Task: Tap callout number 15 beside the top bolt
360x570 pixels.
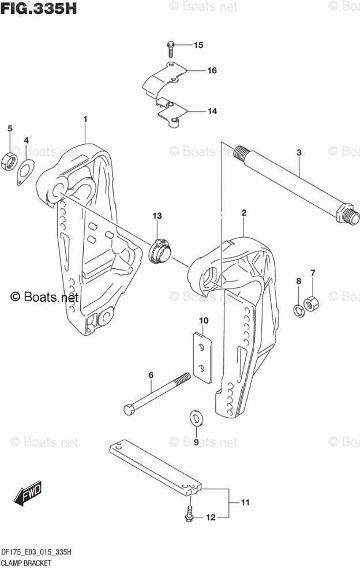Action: click(x=198, y=44)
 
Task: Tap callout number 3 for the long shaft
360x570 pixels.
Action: click(x=299, y=153)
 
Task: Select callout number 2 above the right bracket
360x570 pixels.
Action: click(x=244, y=213)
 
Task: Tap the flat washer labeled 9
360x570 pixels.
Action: click(x=195, y=417)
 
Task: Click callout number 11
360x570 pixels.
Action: click(x=245, y=503)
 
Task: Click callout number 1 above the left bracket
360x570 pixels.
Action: click(x=85, y=119)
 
